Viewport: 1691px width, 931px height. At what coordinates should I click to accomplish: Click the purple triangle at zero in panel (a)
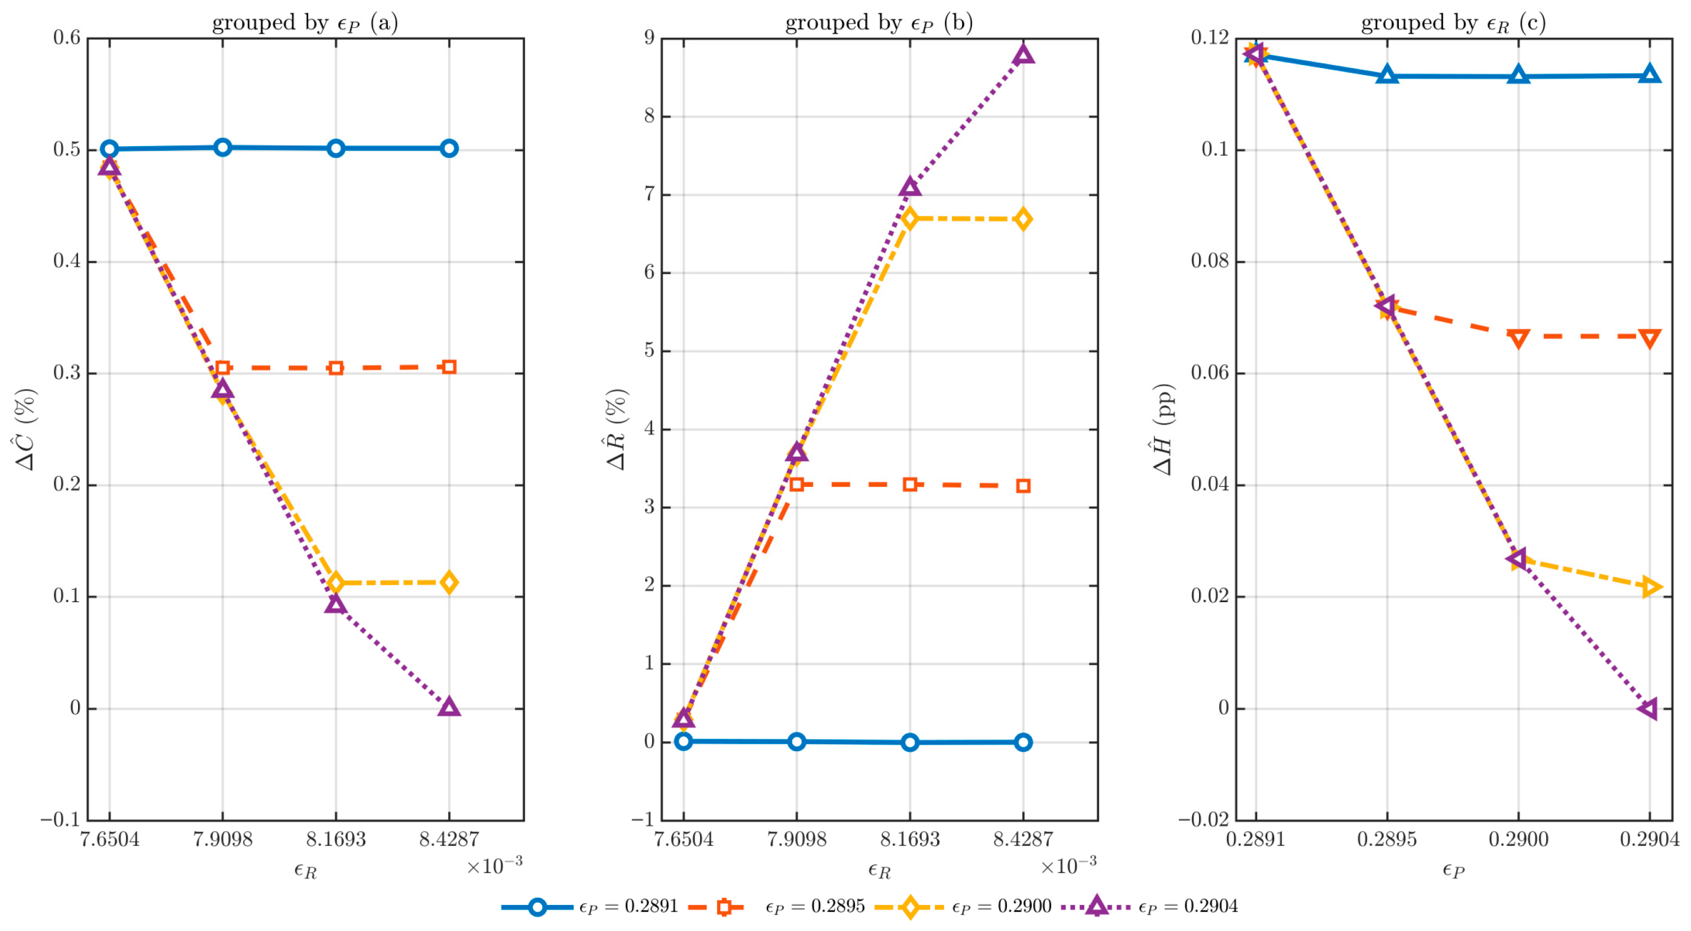449,707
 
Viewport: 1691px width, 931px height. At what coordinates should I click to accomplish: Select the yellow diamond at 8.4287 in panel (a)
449,583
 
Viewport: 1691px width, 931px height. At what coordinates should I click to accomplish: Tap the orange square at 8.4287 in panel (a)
449,367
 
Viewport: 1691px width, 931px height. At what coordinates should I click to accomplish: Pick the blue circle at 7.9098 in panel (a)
222,147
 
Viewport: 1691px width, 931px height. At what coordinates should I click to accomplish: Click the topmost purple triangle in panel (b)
1023,54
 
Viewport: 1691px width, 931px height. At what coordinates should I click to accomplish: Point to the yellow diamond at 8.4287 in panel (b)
1023,219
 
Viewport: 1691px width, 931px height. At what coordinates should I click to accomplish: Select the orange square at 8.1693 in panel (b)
910,484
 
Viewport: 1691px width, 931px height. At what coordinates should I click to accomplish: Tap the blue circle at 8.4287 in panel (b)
1023,742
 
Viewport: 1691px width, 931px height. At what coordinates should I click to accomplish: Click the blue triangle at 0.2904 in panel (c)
1650,74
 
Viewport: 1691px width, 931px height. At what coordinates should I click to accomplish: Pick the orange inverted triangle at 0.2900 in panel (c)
1518,339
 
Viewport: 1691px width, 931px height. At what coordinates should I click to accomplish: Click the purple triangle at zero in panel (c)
1648,709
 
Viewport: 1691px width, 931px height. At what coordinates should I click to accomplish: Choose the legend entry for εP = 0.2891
589,907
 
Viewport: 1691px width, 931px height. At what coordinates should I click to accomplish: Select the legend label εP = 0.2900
1002,907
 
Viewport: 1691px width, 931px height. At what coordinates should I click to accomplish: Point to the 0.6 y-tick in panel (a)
67,38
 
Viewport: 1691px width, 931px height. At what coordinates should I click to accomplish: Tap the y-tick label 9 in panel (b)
649,38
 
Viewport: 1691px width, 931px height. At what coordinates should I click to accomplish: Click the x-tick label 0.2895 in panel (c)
1387,839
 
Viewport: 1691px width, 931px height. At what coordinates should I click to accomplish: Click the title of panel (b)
879,23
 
